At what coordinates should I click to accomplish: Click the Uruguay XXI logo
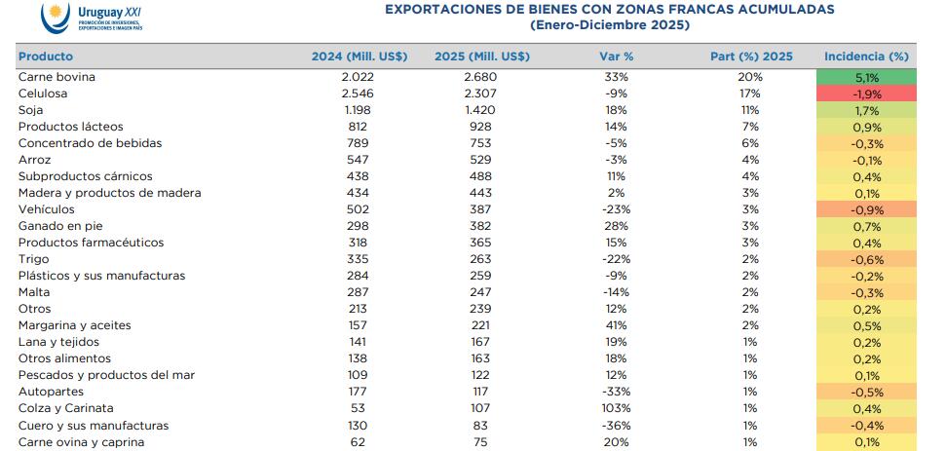93,18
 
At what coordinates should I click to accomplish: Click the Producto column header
46,56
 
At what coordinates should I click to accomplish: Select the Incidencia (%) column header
866,56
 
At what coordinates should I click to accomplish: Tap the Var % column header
616,56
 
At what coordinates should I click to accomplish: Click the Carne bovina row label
57,77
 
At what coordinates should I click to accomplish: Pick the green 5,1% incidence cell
866,77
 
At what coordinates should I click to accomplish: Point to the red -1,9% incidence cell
866,94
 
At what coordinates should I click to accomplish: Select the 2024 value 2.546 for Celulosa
359,94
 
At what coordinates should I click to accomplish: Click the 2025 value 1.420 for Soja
480,110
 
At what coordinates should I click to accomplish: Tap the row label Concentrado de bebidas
90,143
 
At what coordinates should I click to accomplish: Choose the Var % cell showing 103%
616,409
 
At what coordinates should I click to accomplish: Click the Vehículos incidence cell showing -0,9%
866,209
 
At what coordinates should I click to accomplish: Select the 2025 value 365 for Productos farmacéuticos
480,243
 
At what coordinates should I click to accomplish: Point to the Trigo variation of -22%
616,259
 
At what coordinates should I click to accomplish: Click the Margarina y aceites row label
74,325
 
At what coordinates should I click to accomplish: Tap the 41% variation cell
616,325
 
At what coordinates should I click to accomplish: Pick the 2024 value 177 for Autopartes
359,393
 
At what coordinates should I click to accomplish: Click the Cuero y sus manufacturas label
94,426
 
